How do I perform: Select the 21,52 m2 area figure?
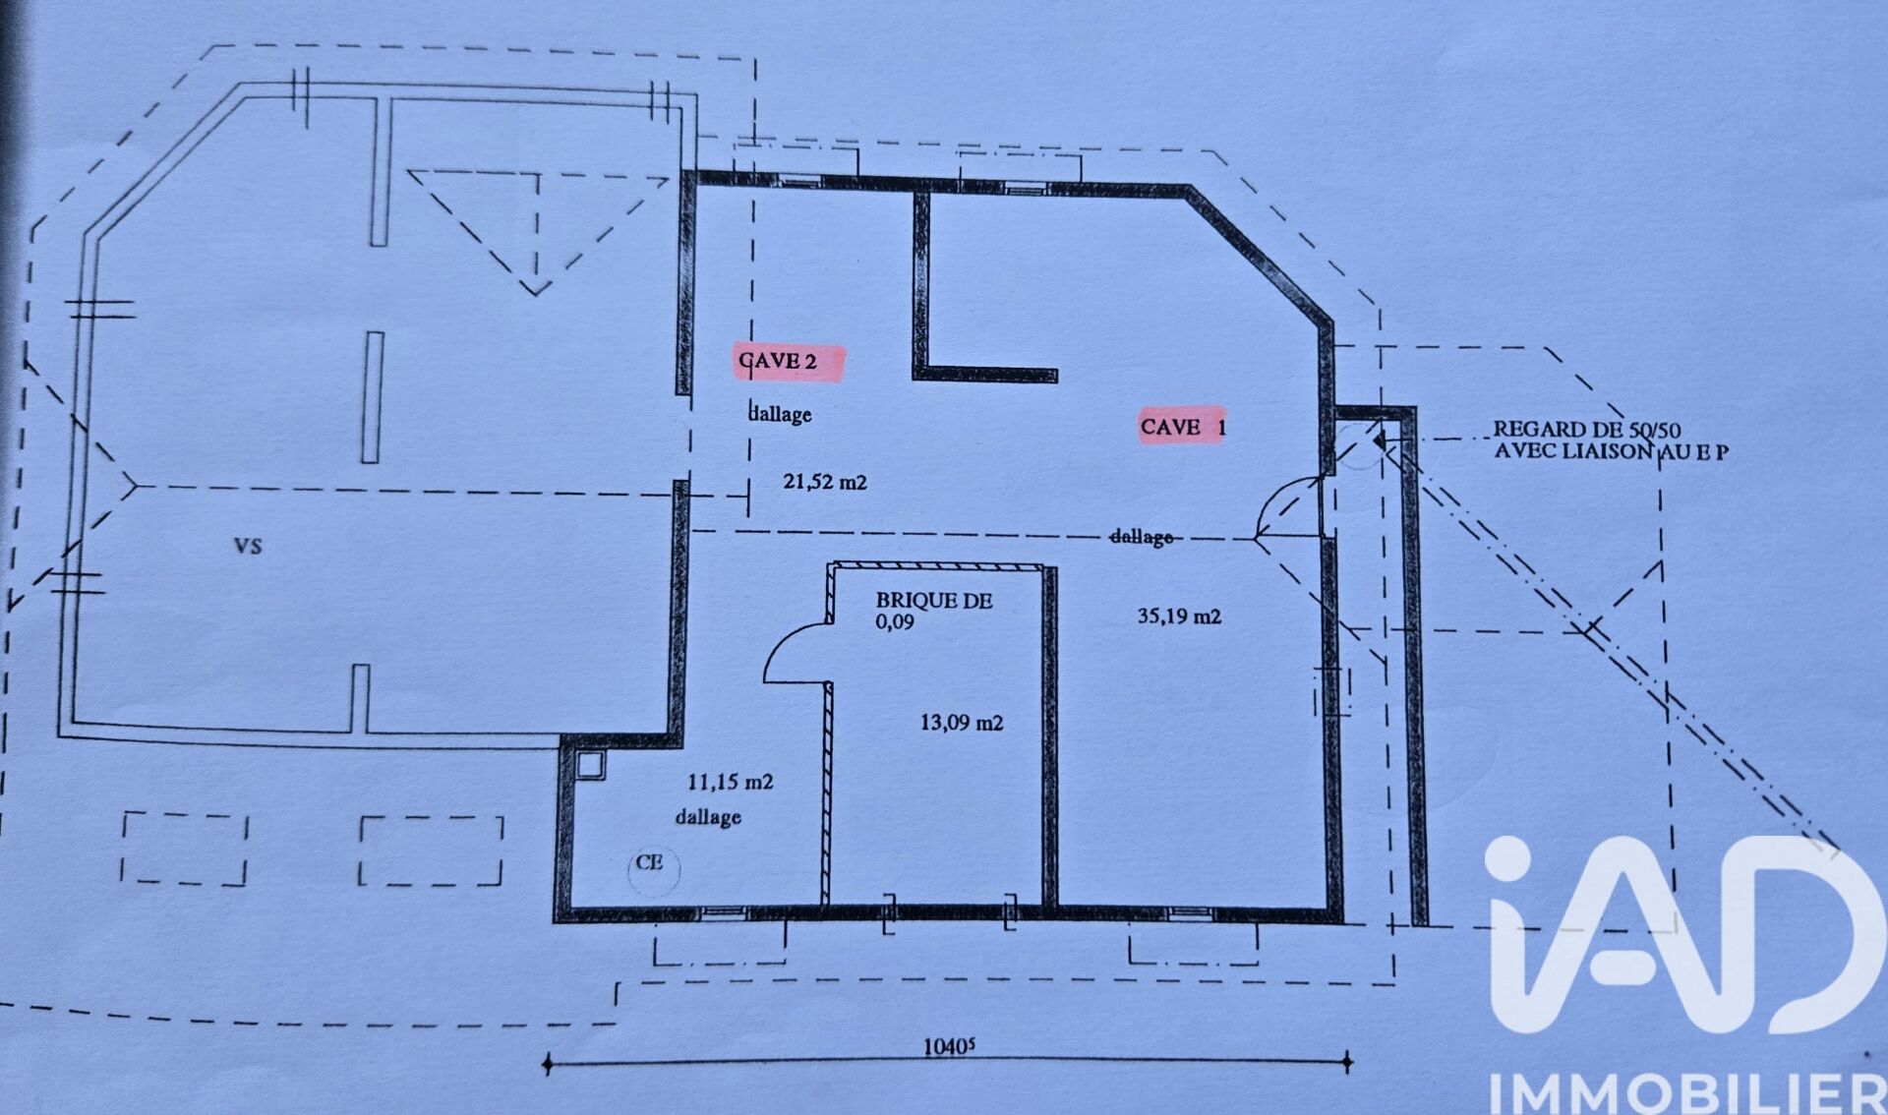(825, 482)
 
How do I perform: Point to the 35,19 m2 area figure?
(1179, 616)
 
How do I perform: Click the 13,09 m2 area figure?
(962, 723)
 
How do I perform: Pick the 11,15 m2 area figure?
(730, 783)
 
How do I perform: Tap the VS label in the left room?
(248, 546)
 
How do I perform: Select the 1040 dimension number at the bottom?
(949, 1046)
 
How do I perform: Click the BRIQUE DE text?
(934, 600)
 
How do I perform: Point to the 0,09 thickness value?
(895, 622)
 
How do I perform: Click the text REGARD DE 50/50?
(1587, 430)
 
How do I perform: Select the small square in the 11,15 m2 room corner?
(590, 765)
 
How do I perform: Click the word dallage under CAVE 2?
(780, 414)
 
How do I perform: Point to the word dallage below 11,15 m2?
(708, 817)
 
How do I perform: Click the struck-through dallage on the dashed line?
(1141, 537)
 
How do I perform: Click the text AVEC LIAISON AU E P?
(1612, 451)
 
